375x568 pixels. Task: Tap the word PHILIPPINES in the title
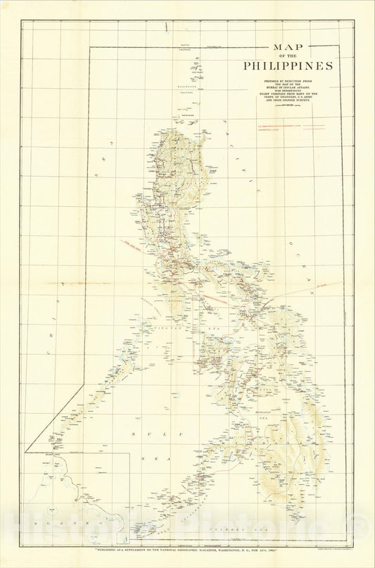pyautogui.click(x=288, y=66)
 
